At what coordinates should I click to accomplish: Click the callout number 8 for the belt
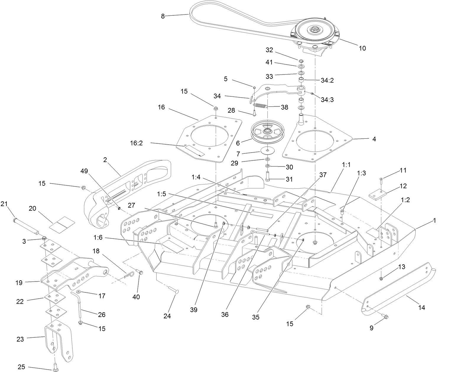pyautogui.click(x=163, y=16)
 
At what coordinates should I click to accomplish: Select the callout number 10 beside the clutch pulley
pyautogui.click(x=362, y=48)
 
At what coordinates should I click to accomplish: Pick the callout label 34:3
pyautogui.click(x=327, y=100)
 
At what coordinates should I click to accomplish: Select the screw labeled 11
pyautogui.click(x=381, y=179)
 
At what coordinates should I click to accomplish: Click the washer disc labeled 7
pyautogui.click(x=267, y=150)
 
